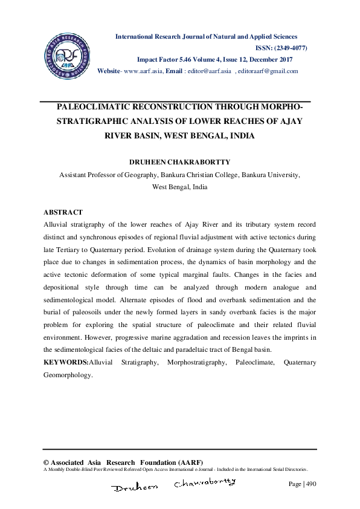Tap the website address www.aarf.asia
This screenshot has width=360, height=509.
[x=143, y=71]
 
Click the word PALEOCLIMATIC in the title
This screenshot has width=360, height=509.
[x=99, y=106]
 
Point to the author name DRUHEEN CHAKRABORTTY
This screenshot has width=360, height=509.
[x=179, y=163]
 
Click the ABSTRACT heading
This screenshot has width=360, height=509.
[x=63, y=213]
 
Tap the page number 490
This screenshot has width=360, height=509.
[x=309, y=484]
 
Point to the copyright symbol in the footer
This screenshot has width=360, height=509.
[x=47, y=462]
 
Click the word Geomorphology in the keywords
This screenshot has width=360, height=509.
[x=67, y=374]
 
